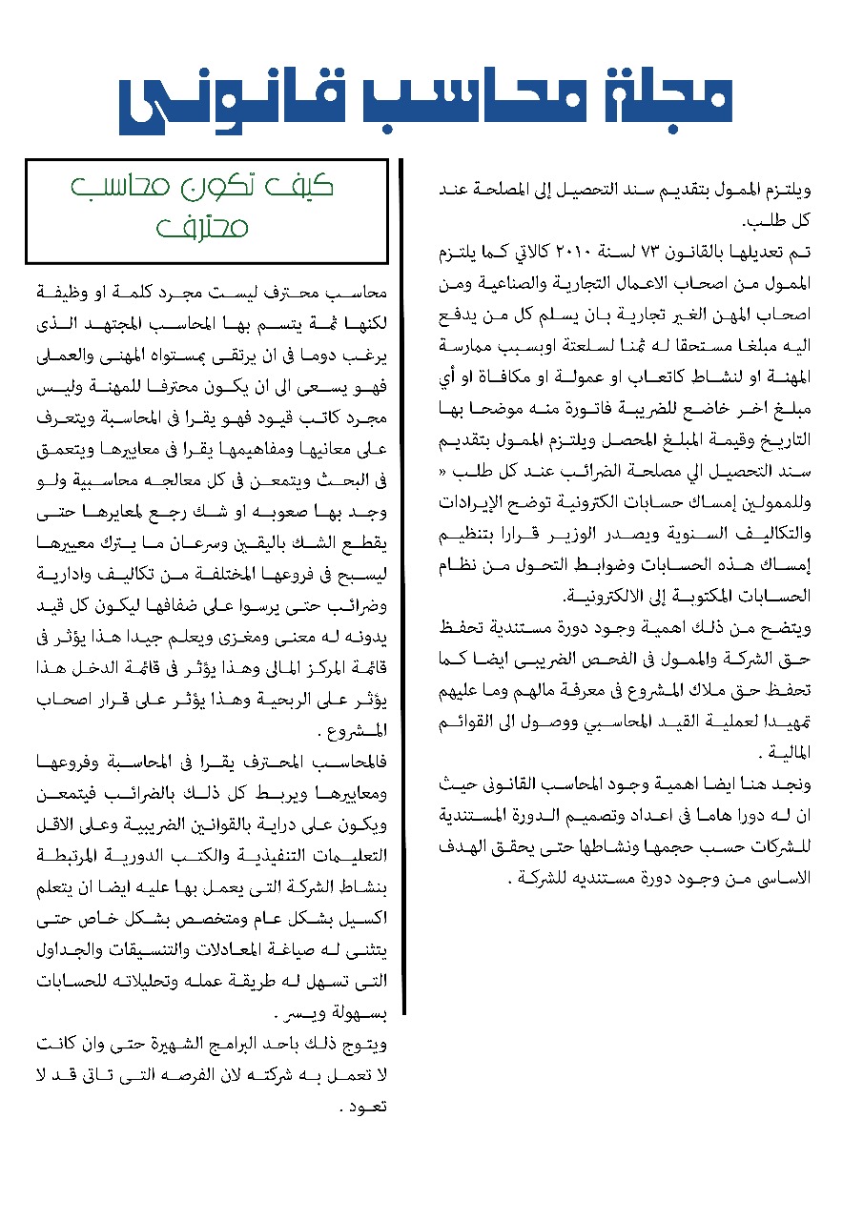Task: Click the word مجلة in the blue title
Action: pyautogui.click(x=674, y=98)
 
